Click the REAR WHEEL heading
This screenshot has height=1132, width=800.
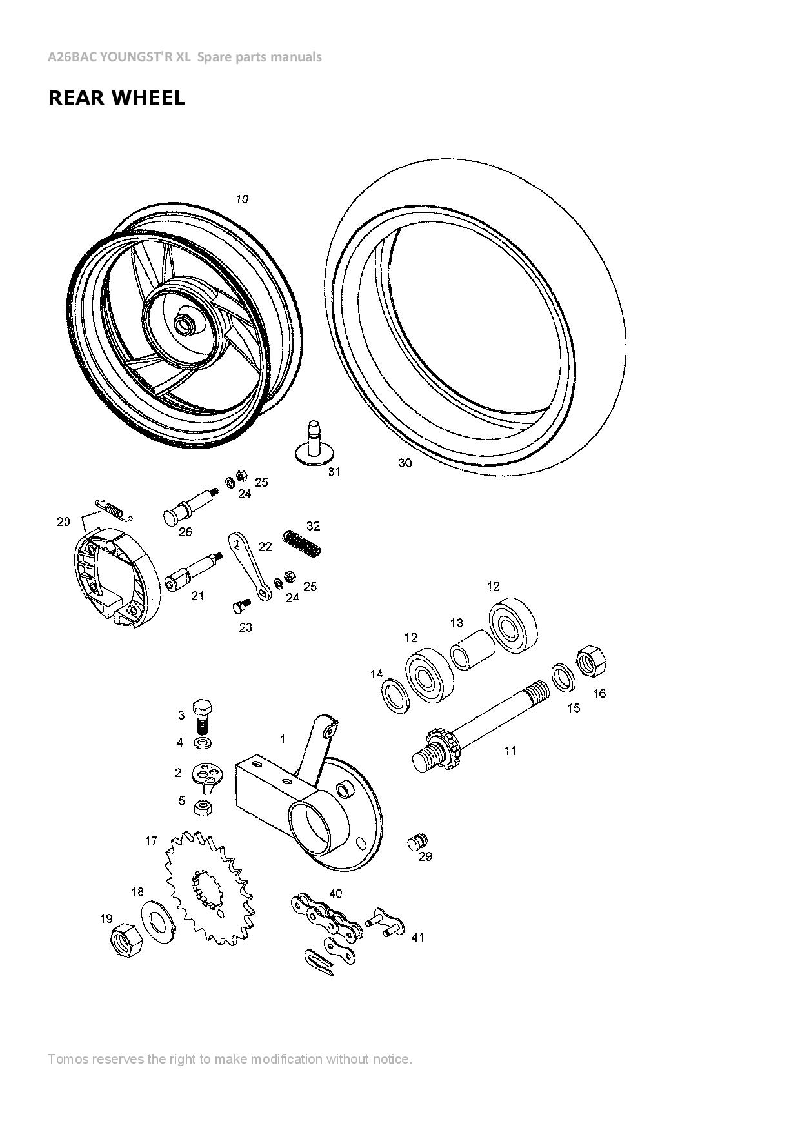117,98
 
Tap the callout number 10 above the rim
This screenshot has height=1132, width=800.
241,199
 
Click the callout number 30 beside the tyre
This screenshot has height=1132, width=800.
405,463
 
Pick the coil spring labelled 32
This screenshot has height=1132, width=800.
302,543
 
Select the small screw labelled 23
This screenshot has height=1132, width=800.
241,606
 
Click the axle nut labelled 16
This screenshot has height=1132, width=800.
592,660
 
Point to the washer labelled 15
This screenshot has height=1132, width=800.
564,677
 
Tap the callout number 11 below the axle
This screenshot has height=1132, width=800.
510,751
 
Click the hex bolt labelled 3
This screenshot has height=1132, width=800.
203,714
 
